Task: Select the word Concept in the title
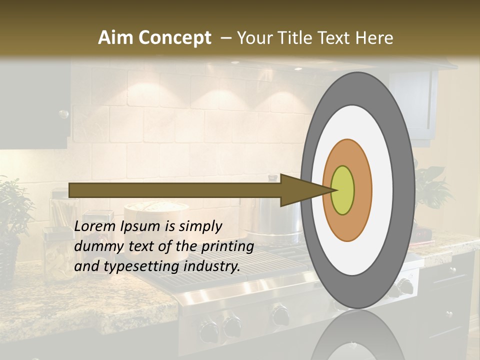tap(174, 38)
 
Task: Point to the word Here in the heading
tap(374, 38)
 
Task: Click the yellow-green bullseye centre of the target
tap(342, 190)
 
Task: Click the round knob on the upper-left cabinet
tap(63, 114)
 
